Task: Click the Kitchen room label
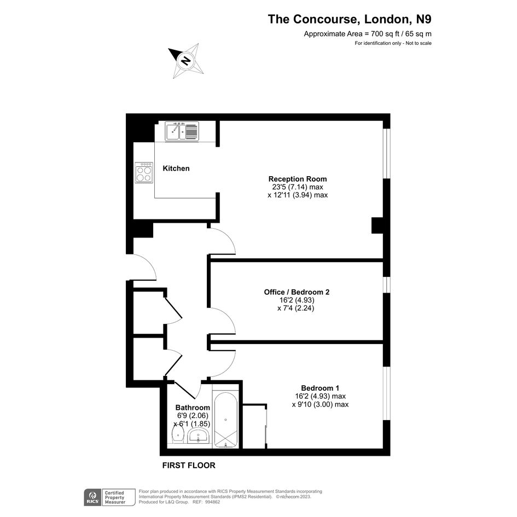point(176,169)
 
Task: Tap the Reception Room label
point(298,179)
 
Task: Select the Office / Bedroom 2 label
point(297,292)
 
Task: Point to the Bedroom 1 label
point(320,388)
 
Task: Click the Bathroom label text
point(193,408)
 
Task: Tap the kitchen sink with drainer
point(182,131)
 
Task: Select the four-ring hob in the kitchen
point(144,172)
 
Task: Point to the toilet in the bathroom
point(178,435)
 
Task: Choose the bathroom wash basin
point(199,436)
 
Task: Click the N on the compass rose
point(186,61)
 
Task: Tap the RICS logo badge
point(92,497)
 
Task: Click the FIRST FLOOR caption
point(189,465)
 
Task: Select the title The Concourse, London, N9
point(350,19)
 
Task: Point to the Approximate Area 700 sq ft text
point(368,33)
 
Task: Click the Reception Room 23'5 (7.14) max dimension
point(298,187)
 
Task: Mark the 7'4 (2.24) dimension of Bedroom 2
point(296,309)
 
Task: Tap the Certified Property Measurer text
point(115,497)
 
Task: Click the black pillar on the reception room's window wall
point(377,225)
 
